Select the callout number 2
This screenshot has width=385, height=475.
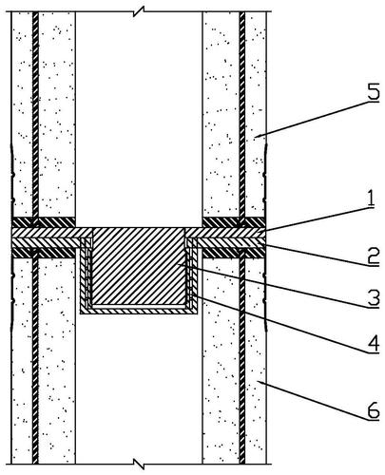(374, 256)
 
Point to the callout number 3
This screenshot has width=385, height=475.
(374, 299)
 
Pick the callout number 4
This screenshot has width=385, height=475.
(374, 344)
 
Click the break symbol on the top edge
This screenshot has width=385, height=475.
(139, 11)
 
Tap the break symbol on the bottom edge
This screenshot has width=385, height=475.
(139, 465)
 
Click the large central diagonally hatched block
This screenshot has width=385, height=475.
(138, 267)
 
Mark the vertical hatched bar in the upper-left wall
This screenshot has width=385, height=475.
(35, 115)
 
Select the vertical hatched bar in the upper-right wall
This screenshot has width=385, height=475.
(242, 115)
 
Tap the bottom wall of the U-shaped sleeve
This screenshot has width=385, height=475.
(139, 311)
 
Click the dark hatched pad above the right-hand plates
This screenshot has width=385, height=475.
(234, 222)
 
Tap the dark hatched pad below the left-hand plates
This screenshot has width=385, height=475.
(44, 253)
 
